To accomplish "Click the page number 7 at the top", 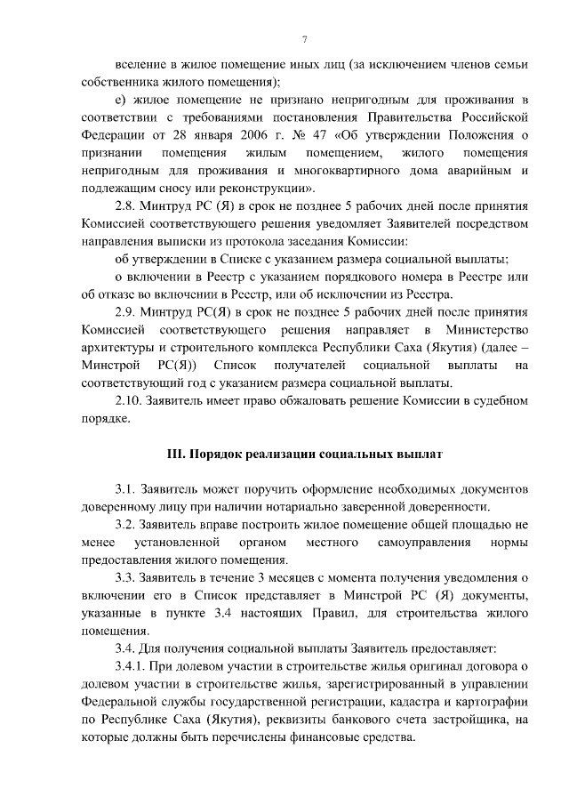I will point(304,40).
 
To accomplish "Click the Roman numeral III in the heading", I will point(176,454).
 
